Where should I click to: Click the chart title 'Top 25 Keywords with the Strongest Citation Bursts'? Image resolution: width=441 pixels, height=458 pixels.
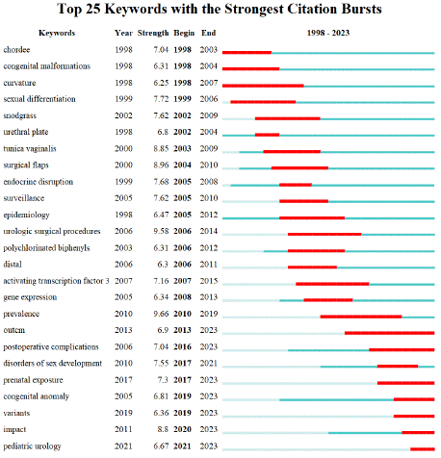(220, 9)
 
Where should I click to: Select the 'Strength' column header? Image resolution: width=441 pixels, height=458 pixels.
(153, 33)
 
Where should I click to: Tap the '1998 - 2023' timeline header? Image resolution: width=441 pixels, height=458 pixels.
(328, 33)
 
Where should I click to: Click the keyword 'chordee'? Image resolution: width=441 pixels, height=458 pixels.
(16, 50)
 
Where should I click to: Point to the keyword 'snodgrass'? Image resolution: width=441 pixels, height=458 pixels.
(20, 115)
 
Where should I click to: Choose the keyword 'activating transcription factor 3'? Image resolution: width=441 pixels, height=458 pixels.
(56, 281)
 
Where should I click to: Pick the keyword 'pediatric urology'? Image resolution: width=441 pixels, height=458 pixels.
(32, 446)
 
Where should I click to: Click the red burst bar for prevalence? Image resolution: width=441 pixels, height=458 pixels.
(361, 317)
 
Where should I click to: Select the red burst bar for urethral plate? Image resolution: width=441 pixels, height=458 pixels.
(267, 135)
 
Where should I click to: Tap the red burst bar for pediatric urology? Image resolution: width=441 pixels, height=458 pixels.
(423, 449)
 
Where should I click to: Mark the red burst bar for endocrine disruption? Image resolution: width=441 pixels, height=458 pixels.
(296, 185)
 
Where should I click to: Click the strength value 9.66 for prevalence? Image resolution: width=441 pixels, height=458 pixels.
(161, 314)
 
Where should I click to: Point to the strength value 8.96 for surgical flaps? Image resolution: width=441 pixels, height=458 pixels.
(161, 165)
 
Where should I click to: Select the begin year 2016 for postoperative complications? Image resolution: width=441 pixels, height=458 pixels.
(182, 346)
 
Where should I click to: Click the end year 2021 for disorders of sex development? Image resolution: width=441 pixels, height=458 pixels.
(209, 364)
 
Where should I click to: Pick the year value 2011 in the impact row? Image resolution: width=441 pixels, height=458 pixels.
(123, 429)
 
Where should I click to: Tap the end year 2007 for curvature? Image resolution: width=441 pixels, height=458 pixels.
(209, 83)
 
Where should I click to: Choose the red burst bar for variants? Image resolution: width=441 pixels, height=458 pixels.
(414, 416)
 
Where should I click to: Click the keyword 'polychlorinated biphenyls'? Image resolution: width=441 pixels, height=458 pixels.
(46, 248)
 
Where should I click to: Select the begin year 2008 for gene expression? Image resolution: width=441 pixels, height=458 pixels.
(182, 297)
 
